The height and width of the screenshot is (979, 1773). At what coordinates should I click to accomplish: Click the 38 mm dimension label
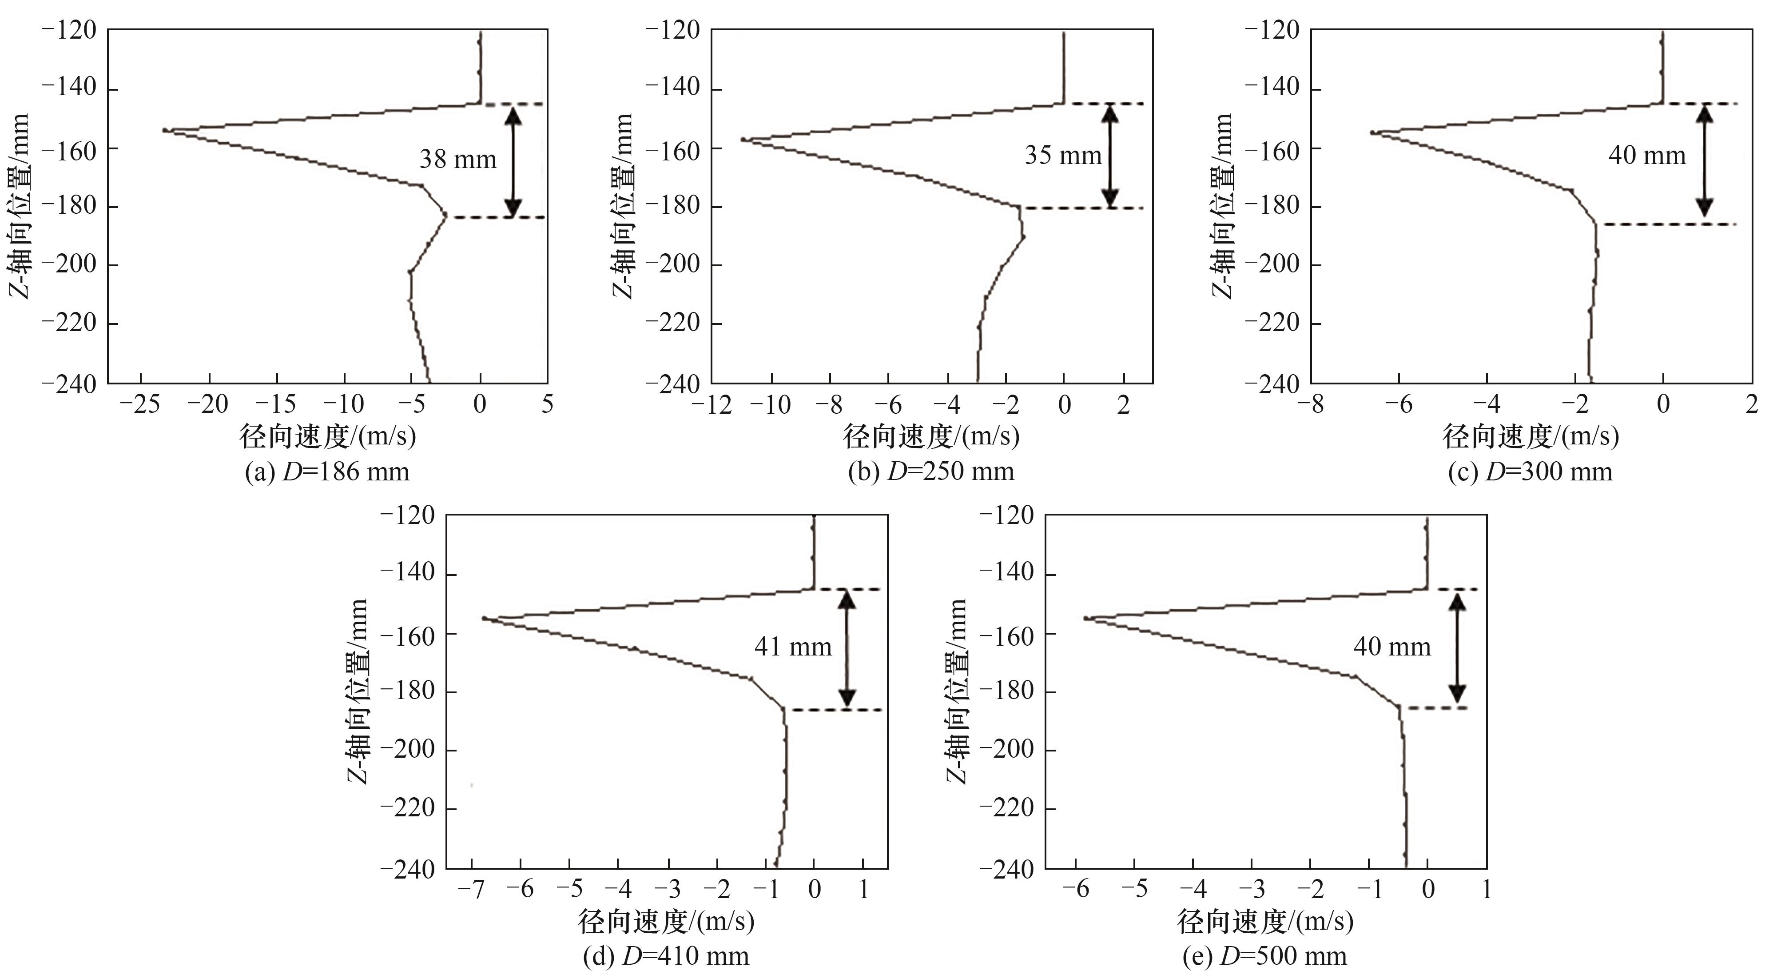point(458,160)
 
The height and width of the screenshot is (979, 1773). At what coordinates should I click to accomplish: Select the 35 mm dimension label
point(1063,156)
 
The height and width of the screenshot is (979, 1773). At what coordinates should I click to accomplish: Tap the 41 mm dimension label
point(793,647)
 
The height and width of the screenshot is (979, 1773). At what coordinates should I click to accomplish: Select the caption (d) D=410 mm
point(666,956)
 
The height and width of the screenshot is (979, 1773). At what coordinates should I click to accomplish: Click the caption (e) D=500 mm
point(1264,956)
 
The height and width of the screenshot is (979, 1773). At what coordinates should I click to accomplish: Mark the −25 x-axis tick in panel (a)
point(140,404)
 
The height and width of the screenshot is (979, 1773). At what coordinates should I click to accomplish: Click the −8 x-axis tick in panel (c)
point(1311,404)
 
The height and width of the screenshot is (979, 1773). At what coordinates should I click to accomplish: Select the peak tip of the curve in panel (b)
point(743,139)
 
